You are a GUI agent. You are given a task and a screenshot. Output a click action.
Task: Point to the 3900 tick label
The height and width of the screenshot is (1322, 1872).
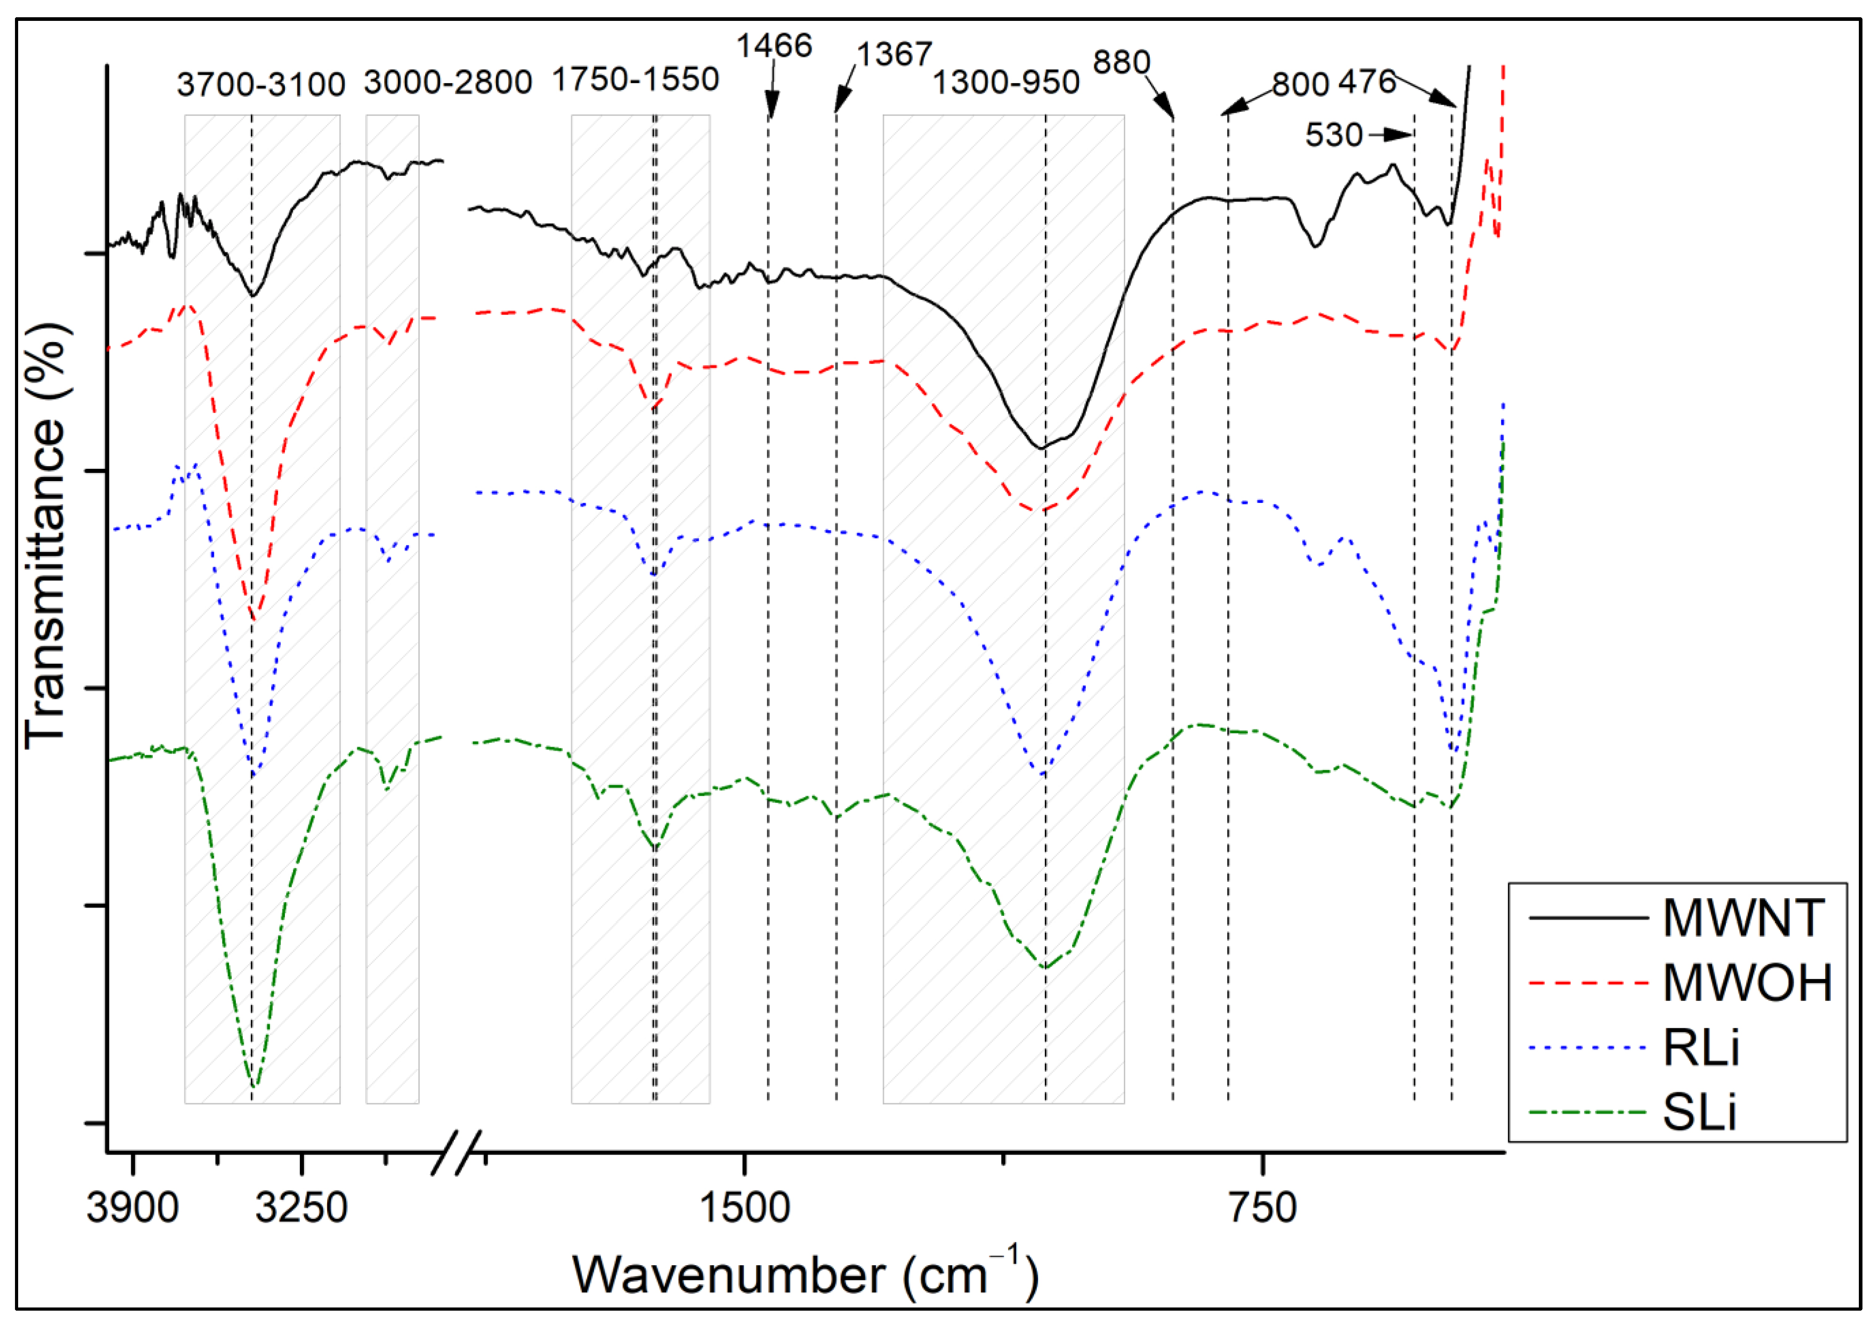[x=132, y=1208]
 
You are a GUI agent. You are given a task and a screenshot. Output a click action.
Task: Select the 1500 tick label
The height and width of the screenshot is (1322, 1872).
[x=745, y=1208]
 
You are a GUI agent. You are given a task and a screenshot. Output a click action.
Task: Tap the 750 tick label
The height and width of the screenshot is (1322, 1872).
[x=1263, y=1208]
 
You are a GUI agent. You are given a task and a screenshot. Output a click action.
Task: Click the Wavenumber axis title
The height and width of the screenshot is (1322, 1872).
[x=805, y=1274]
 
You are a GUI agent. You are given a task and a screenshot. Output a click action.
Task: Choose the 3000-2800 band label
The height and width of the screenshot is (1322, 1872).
[x=448, y=83]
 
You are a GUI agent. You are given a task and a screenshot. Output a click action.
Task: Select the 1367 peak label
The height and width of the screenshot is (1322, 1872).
[x=894, y=54]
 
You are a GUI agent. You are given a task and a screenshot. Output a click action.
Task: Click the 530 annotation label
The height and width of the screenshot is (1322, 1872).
[x=1334, y=135]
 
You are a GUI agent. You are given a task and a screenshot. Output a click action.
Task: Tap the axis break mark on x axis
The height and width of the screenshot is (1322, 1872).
[x=456, y=1152]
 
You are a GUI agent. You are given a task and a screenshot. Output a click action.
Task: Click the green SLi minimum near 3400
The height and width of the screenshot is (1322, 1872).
[x=254, y=1087]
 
